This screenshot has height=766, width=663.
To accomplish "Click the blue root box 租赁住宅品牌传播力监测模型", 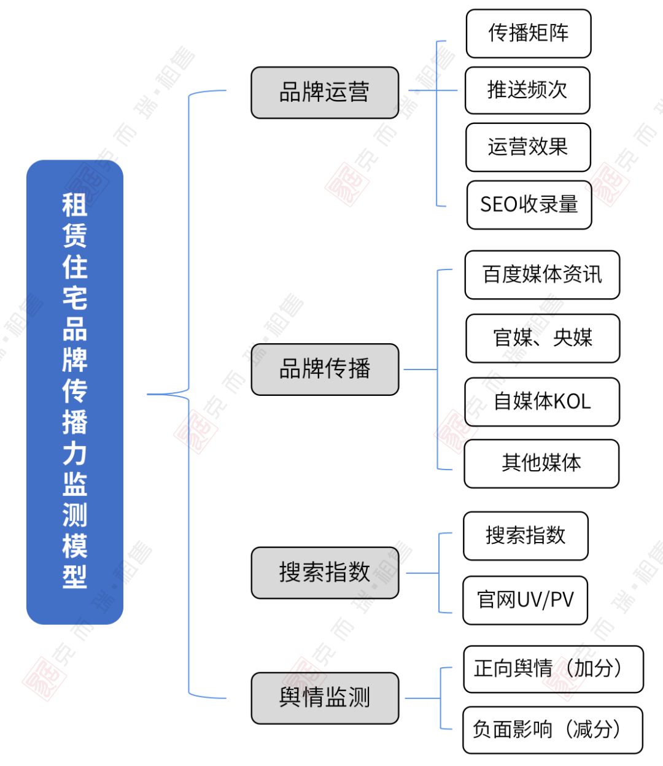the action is [x=75, y=392].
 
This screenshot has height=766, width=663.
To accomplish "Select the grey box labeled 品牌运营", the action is [x=325, y=93].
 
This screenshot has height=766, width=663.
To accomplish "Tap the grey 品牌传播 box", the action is [x=325, y=369].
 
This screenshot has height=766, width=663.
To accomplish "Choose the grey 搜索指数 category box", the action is [x=325, y=573].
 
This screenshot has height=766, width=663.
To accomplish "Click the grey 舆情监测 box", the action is [x=325, y=698].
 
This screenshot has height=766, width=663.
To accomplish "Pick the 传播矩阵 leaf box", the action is [x=529, y=33].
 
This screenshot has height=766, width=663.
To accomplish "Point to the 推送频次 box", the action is [x=527, y=90].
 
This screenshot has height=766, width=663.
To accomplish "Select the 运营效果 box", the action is [x=528, y=147].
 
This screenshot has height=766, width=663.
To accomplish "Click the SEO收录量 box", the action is [x=529, y=204].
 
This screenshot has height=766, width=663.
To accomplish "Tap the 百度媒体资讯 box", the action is [x=542, y=274].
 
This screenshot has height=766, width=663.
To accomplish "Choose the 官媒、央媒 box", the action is [x=543, y=338].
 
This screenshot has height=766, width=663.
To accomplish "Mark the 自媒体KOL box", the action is [x=542, y=401].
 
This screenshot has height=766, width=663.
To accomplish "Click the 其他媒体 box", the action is [x=541, y=463].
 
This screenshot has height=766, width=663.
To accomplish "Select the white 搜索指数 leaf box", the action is [x=525, y=535].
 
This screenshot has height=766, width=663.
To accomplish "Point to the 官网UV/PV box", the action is [x=525, y=600].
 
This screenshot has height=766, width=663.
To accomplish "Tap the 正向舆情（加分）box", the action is [x=553, y=669].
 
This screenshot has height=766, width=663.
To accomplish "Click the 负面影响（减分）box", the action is [x=552, y=730].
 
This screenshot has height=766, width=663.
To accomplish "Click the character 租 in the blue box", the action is [x=75, y=204].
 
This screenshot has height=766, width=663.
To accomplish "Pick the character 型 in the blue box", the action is [x=75, y=576].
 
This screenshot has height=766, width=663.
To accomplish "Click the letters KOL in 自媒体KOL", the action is [x=572, y=401].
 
